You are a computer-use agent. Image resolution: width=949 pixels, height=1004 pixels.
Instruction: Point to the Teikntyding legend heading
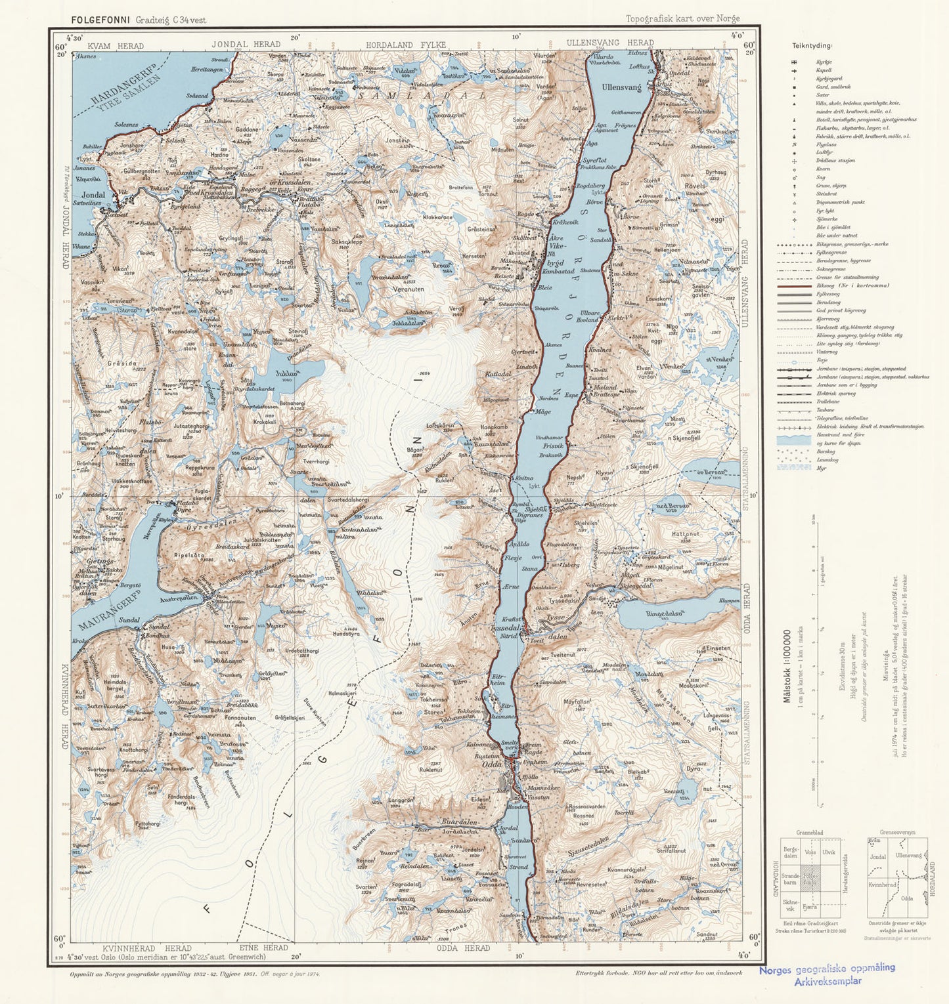(x=812, y=46)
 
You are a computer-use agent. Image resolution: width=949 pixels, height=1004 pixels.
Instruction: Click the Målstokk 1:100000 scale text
(x=787, y=666)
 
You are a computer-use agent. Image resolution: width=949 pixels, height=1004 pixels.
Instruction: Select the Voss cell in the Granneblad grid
(x=810, y=851)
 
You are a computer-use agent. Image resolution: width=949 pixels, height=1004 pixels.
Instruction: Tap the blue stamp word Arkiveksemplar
(x=828, y=982)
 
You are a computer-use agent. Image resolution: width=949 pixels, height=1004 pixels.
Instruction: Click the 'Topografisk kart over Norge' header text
(x=682, y=19)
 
